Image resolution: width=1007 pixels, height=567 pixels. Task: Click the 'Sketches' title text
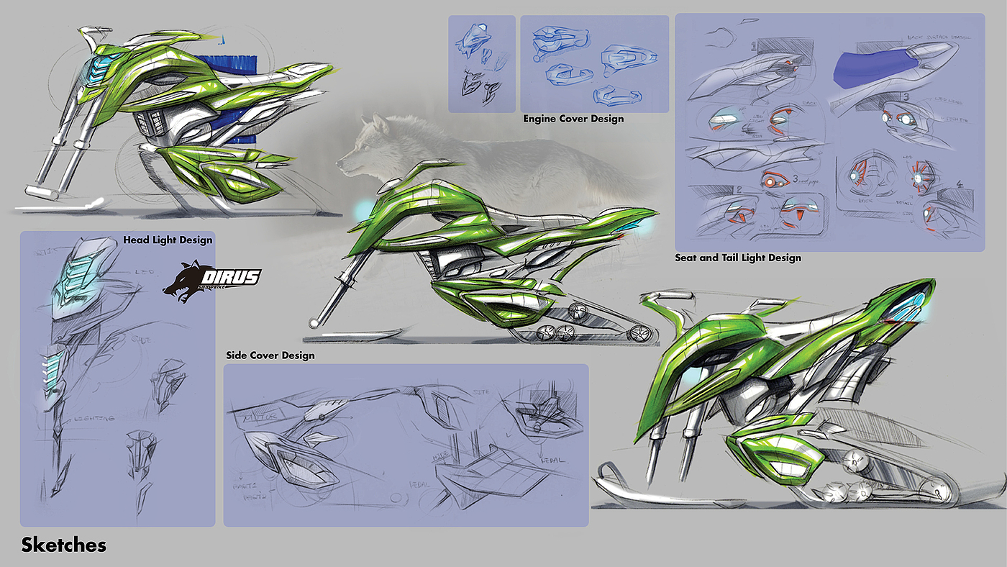point(63,545)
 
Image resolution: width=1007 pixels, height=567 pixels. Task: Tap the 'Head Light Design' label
point(168,240)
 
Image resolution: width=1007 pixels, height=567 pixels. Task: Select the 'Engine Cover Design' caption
point(573,118)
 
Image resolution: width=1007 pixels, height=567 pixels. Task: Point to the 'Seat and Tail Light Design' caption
point(738,258)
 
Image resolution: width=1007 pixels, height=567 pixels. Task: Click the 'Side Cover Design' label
point(270,355)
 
